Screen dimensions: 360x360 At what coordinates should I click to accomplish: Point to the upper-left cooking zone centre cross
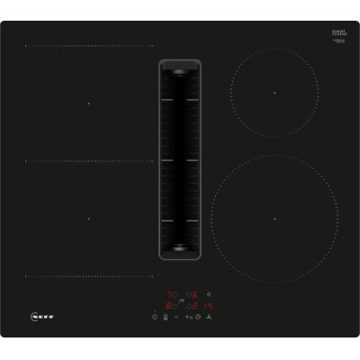click(89, 103)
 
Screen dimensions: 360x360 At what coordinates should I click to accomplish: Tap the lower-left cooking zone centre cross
click(89, 219)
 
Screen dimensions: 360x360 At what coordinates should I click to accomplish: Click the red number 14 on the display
click(209, 304)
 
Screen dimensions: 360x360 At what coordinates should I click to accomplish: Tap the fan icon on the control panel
click(209, 317)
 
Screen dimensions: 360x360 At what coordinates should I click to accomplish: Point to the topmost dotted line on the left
click(89, 46)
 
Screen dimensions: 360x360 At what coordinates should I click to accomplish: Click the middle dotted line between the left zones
click(89, 161)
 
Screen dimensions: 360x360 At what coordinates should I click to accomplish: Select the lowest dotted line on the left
click(89, 276)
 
